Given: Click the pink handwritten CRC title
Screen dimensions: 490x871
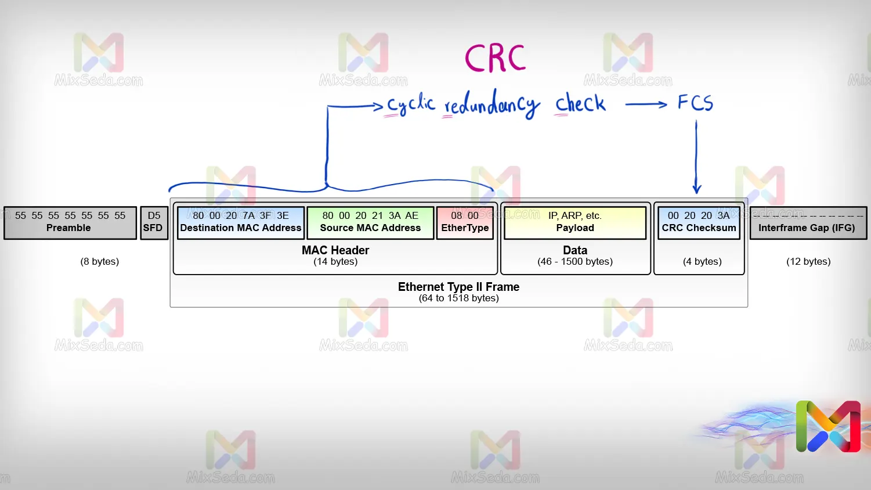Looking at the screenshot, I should coord(495,59).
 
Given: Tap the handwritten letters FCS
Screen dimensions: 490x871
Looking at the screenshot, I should coord(695,103).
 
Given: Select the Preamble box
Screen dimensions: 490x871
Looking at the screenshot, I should coord(70,222).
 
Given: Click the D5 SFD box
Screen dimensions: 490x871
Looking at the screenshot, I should coord(153,222).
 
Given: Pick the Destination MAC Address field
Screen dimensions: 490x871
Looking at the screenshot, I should coord(240,222).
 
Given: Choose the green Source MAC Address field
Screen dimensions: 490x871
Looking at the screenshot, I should coord(370,222).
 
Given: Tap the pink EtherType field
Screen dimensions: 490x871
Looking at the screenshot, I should coord(465,222).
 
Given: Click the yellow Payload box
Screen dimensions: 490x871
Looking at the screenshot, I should coord(574,222).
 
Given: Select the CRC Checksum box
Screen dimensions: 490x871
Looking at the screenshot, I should coord(699,222).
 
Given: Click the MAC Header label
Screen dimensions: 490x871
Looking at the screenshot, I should coord(335,250).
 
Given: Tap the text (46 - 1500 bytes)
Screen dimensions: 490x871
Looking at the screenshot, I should coord(575,261).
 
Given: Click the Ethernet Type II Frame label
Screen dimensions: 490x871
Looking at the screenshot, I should coord(458,287).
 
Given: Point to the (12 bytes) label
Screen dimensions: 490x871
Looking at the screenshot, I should coord(808,261).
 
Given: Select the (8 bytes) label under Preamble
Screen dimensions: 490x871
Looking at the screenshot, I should coord(100,261).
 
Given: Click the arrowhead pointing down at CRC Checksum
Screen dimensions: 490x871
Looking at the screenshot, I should coord(697,188).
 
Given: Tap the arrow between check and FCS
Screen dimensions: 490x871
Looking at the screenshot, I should coord(646,105).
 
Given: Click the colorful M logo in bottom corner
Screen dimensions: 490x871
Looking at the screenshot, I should coord(828,426).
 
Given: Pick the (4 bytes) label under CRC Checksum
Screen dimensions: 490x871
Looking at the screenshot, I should coord(702,261).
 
